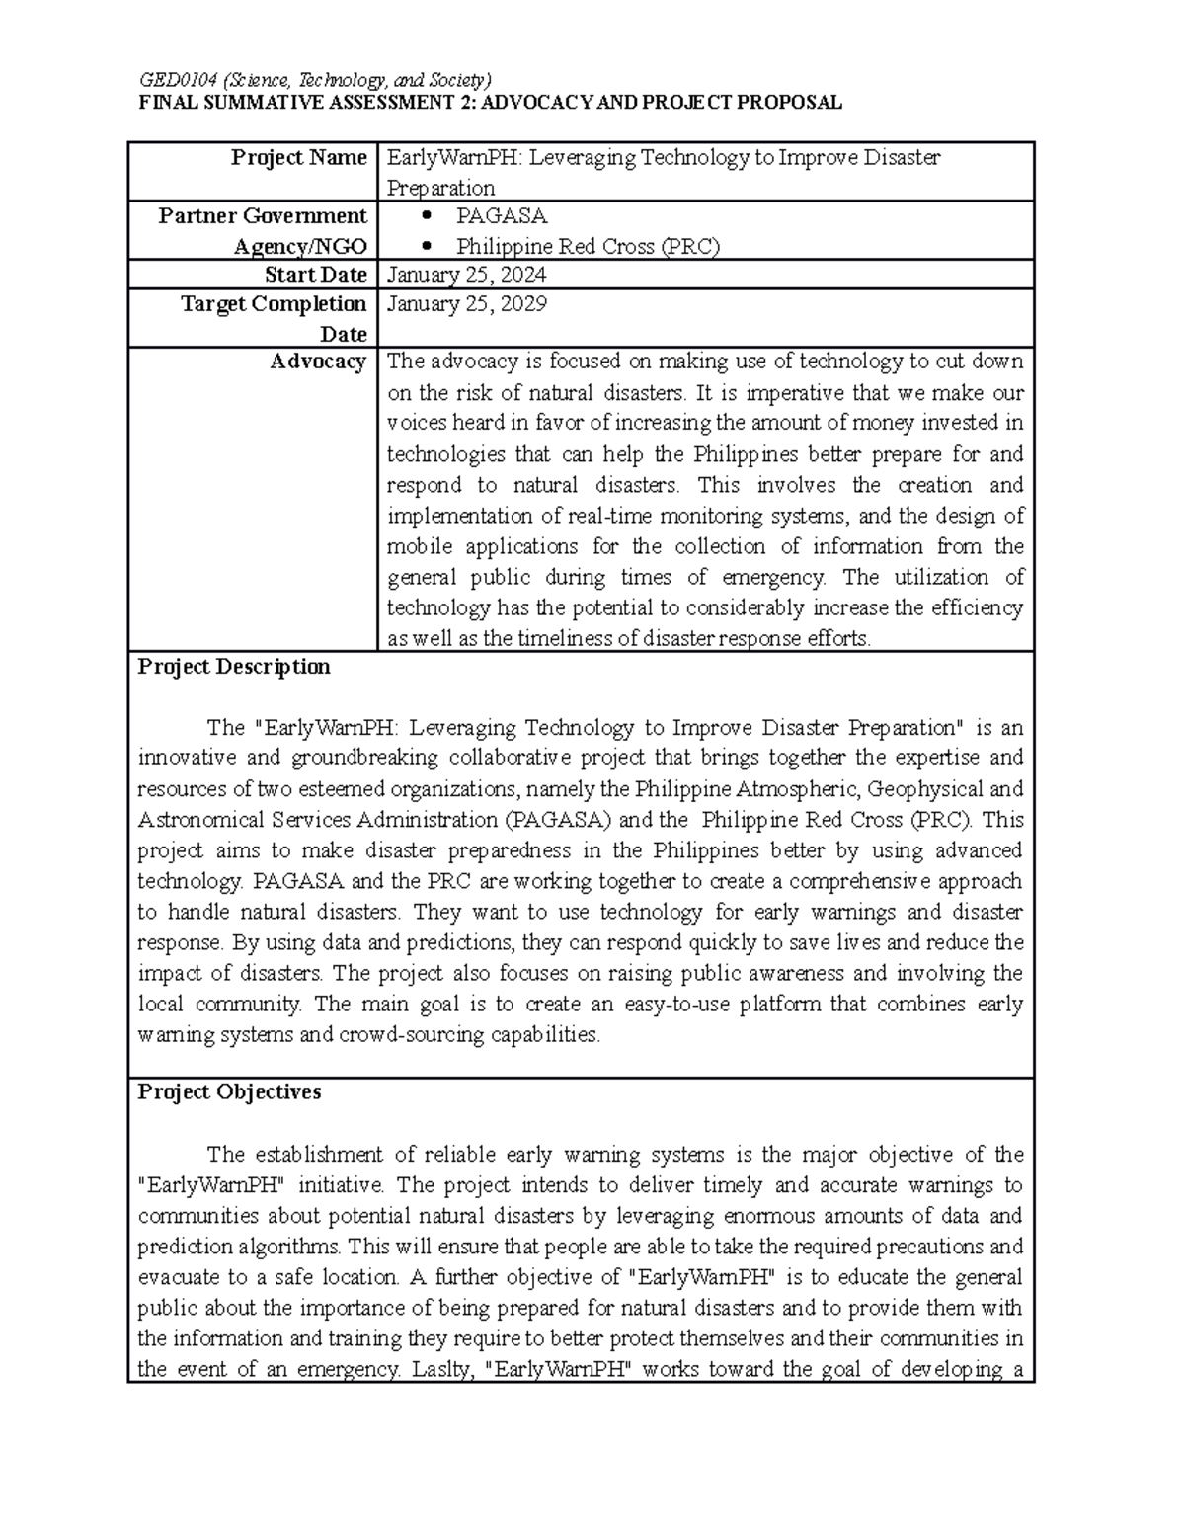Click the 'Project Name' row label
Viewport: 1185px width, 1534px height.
pos(298,157)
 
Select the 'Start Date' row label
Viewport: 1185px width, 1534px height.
pos(315,275)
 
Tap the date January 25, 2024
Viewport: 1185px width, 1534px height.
pos(467,275)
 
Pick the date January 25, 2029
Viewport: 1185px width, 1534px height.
pos(467,304)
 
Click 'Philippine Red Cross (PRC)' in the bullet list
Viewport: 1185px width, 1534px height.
pos(588,247)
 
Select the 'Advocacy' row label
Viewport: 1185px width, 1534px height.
pos(318,362)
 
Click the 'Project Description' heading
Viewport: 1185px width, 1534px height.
pos(234,667)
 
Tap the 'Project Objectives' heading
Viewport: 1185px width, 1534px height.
pos(229,1091)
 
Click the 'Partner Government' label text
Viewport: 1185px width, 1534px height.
pos(262,216)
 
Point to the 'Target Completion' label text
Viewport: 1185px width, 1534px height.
pos(274,304)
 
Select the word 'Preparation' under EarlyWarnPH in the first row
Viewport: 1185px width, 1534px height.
pos(440,188)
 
